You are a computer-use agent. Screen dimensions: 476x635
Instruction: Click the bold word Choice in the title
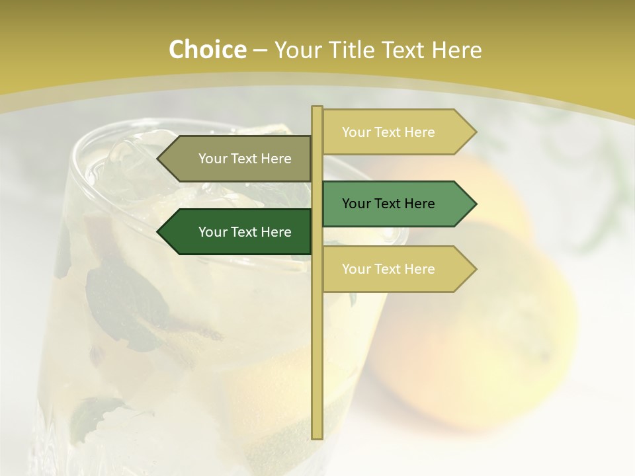207,50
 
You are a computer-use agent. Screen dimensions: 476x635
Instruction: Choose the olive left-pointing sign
238,159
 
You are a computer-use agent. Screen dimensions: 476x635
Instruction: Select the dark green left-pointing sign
238,232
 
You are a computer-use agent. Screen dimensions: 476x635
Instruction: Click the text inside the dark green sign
245,232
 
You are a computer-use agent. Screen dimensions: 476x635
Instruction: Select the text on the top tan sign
388,132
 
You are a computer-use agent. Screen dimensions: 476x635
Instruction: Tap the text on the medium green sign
388,204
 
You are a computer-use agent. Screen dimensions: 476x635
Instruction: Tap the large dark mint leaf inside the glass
126,297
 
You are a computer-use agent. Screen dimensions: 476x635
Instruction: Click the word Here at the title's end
456,50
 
